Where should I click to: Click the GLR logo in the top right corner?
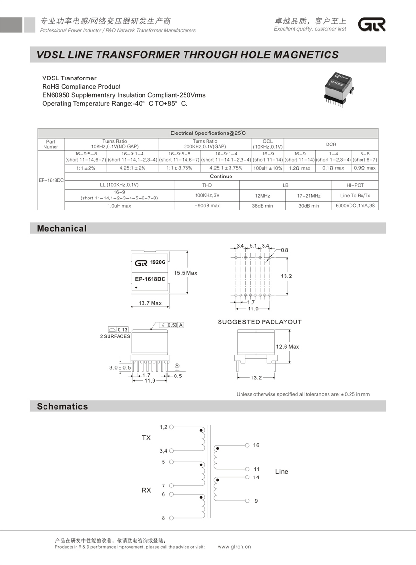click(x=372, y=24)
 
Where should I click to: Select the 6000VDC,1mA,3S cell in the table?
click(x=355, y=206)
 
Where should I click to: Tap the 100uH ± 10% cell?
click(x=268, y=168)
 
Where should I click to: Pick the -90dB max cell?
click(x=207, y=206)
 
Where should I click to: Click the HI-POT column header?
click(x=355, y=185)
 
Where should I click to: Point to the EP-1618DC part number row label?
click(x=51, y=181)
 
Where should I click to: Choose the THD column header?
click(x=207, y=185)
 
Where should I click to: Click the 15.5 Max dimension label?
click(x=186, y=273)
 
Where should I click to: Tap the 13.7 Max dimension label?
click(x=150, y=303)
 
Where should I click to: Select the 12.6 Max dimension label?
click(x=287, y=347)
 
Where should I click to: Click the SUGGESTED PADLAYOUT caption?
click(x=260, y=322)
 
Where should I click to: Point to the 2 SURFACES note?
click(x=115, y=336)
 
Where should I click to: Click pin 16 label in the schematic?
click(x=256, y=445)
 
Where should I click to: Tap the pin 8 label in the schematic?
click(x=163, y=518)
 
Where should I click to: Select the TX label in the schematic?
click(x=146, y=438)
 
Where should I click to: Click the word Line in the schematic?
click(x=282, y=472)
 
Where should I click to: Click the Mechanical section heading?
click(x=62, y=229)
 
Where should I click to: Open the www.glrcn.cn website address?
click(x=234, y=547)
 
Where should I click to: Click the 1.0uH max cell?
click(x=119, y=206)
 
